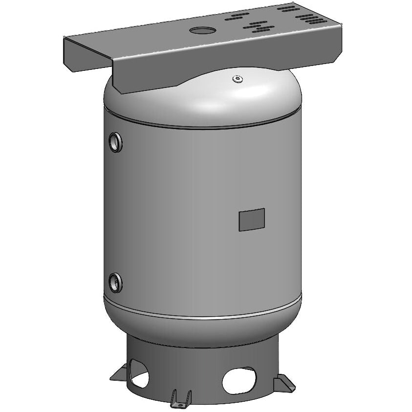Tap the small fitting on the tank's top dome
(237, 78)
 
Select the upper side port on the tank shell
(116, 142)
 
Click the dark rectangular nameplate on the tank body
(252, 219)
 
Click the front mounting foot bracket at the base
(180, 398)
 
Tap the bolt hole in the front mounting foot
(178, 403)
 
